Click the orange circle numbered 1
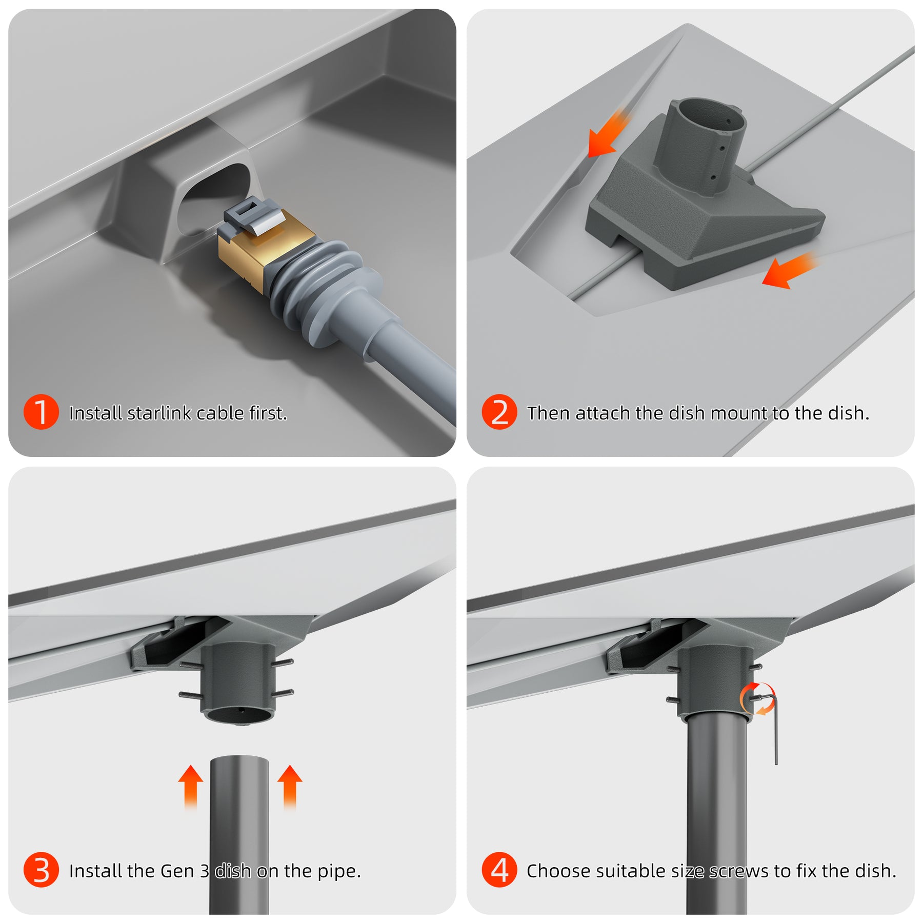tap(41, 412)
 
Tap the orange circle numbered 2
tap(499, 412)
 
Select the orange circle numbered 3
tap(41, 870)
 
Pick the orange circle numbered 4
tap(499, 870)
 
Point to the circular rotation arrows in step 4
tap(757, 698)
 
